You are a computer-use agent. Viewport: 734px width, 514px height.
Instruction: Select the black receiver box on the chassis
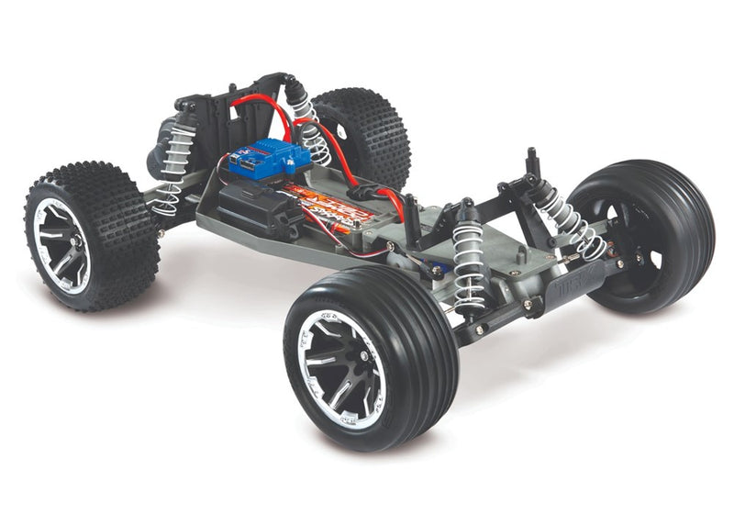click(x=252, y=206)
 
